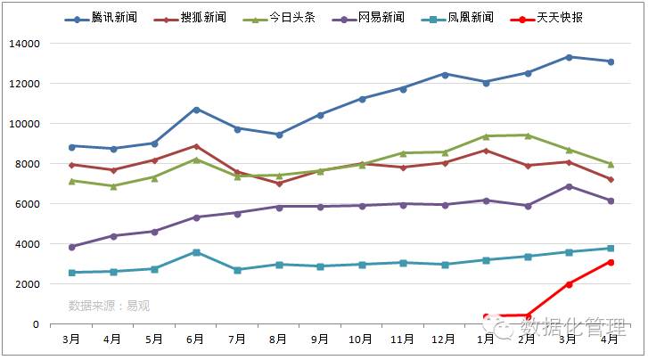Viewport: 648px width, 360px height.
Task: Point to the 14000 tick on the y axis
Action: coord(24,44)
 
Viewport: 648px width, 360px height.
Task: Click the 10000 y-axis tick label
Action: coord(24,124)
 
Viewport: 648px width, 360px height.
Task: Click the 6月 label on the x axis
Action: coord(195,340)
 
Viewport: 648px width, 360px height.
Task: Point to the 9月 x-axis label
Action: coord(320,340)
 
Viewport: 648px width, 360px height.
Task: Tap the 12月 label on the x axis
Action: coord(445,340)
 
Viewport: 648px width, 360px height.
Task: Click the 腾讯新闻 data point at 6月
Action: coord(196,110)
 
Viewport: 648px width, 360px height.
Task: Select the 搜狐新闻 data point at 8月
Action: coord(279,183)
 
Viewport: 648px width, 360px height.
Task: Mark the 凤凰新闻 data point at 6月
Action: coord(196,252)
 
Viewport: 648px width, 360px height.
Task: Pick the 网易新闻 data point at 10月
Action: coord(362,206)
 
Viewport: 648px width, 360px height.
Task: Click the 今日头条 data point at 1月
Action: coord(487,136)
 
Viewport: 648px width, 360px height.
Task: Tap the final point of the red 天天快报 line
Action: coord(611,262)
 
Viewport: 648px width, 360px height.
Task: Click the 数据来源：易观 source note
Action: coord(109,306)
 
